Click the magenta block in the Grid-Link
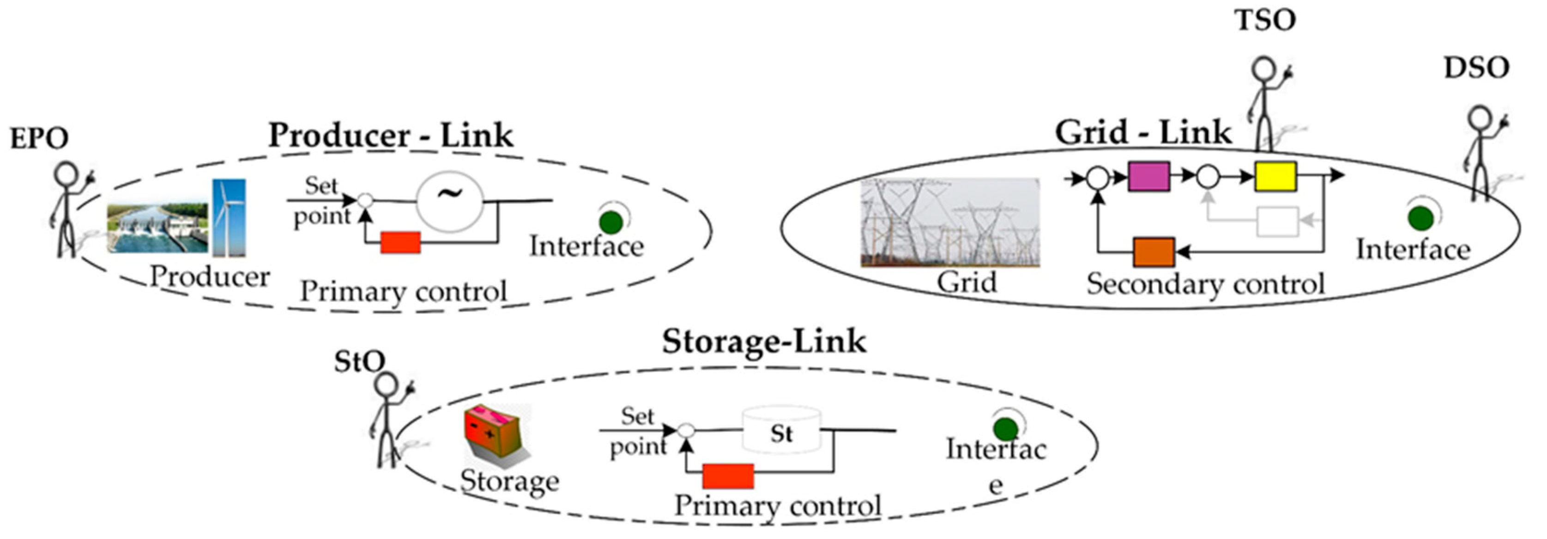point(1148,176)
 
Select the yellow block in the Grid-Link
point(1275,176)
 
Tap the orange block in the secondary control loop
point(1154,252)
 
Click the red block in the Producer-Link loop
point(400,242)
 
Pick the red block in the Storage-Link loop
point(728,476)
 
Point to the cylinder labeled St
point(781,431)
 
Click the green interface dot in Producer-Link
point(611,222)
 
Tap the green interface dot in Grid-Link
point(1420,218)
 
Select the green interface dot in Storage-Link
point(1005,429)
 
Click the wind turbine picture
point(229,217)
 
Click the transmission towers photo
point(949,222)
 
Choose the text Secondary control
point(1205,284)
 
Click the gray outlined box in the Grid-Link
point(1277,222)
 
